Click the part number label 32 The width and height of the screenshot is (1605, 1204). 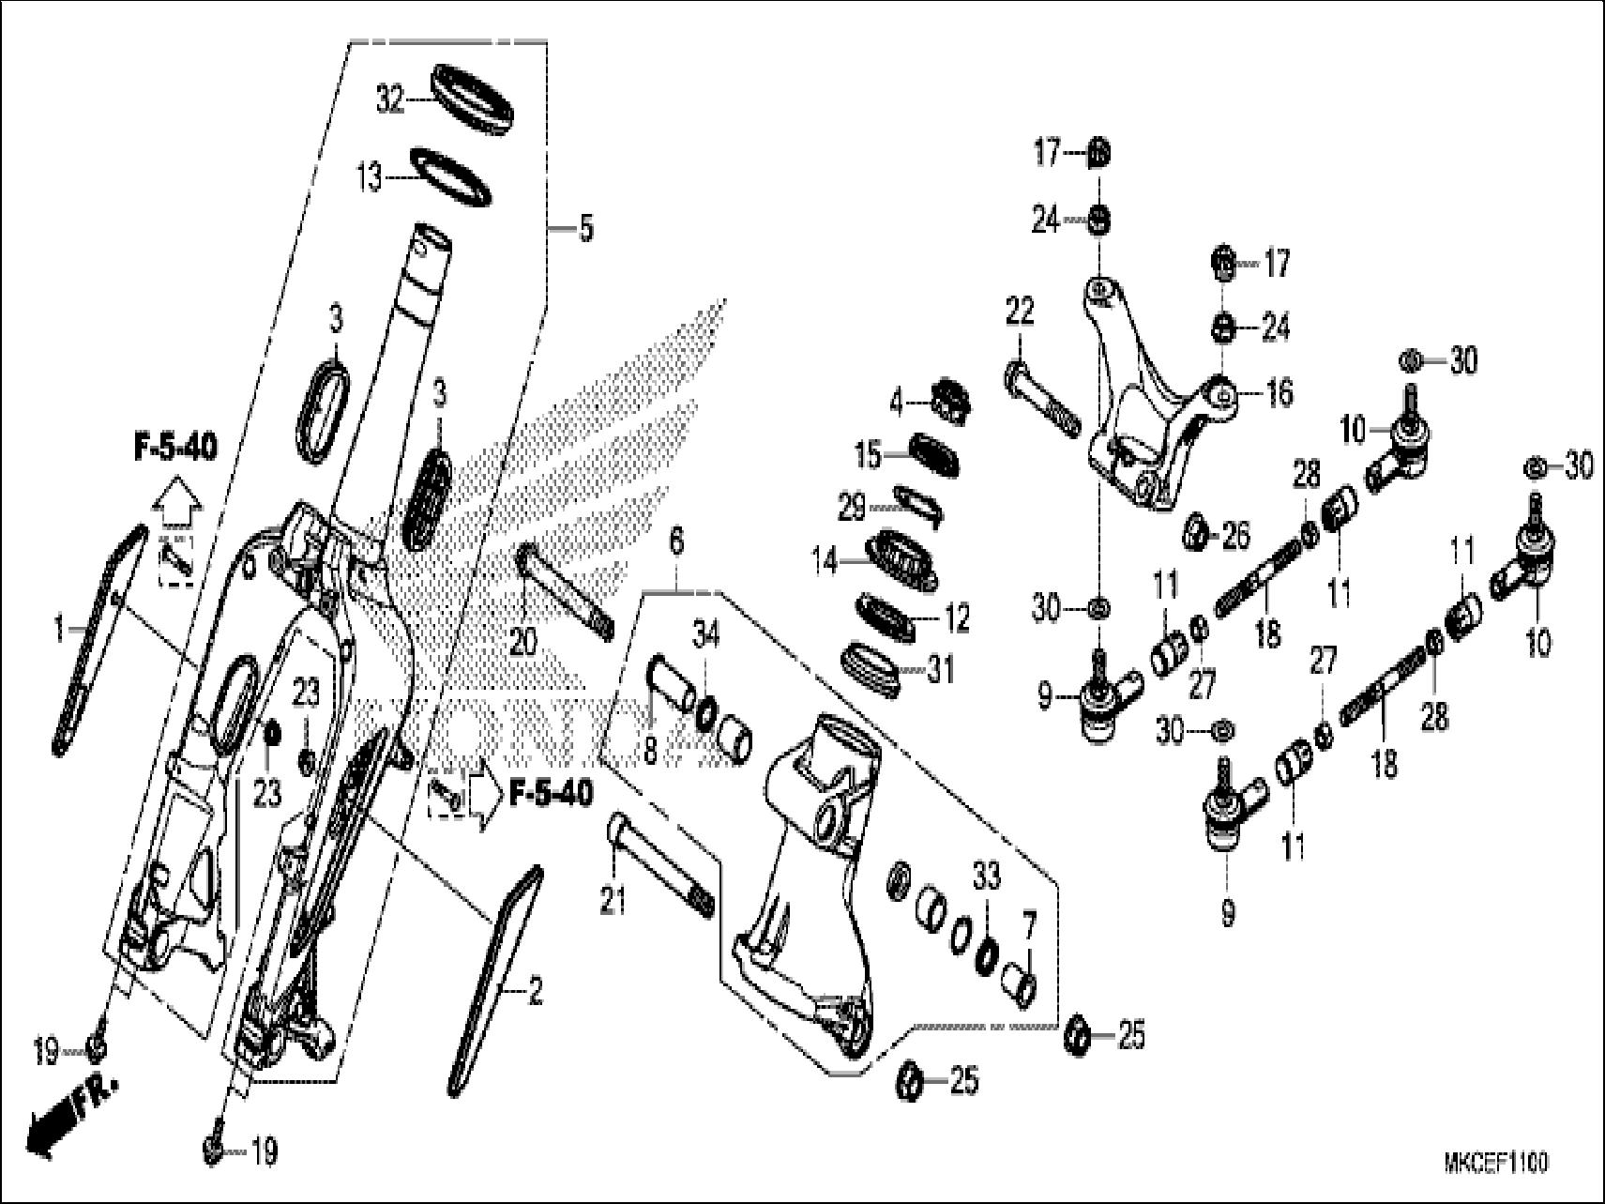[x=389, y=99]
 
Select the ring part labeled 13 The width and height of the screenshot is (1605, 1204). [x=452, y=175]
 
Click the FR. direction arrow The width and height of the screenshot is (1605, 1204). [x=70, y=1107]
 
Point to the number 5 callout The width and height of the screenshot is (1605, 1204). [x=585, y=228]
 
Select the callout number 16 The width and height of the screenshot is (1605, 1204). [x=1279, y=391]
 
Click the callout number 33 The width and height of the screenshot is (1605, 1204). [x=987, y=878]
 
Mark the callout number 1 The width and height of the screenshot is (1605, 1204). [x=60, y=630]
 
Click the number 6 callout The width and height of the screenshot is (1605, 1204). [x=677, y=541]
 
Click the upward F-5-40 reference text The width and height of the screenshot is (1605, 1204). [x=174, y=448]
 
